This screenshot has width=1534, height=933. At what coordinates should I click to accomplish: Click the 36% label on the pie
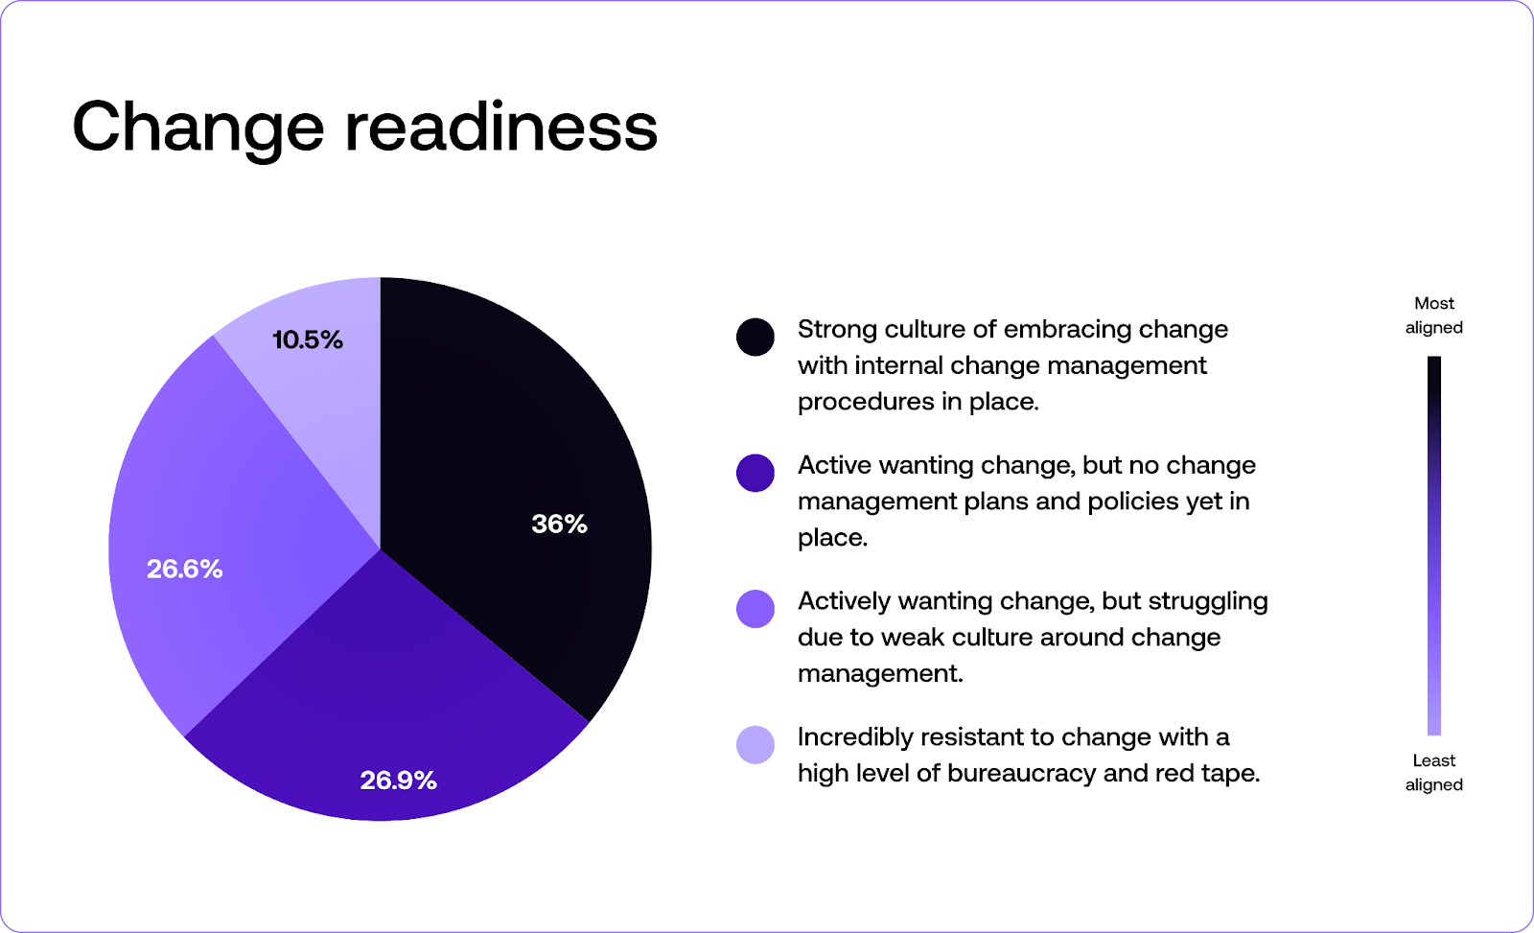pos(559,524)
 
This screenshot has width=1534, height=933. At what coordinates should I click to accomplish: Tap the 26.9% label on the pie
pos(398,781)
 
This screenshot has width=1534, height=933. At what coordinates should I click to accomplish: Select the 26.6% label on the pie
pos(184,570)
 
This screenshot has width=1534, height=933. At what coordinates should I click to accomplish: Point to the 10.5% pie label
pos(308,339)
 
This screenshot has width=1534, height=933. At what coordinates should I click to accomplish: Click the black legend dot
pos(755,338)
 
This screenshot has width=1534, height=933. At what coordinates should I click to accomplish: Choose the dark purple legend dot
pos(755,473)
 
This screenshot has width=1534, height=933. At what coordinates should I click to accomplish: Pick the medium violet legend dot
pos(755,609)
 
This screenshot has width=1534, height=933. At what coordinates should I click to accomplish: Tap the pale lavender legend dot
pos(755,745)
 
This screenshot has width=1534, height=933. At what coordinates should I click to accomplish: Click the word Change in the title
pos(198,128)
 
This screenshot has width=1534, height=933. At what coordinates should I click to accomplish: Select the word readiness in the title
pos(500,128)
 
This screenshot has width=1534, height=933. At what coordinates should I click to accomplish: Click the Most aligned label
pos(1433,315)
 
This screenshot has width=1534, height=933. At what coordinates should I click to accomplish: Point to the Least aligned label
pos(1433,773)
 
